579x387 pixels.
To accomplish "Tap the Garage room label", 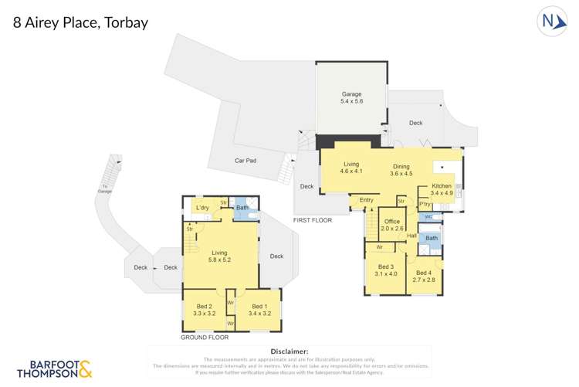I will [352, 97].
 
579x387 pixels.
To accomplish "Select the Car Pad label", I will [245, 161].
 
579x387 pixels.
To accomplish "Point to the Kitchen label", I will [441, 189].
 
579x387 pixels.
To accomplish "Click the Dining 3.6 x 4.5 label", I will [400, 170].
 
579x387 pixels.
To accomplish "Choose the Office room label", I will [392, 225].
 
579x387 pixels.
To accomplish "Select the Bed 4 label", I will [425, 276].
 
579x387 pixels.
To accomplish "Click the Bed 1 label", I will [259, 311].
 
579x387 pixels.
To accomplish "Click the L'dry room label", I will [203, 209].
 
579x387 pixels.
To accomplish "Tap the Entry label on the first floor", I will [367, 201].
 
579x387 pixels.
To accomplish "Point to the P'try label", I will [424, 203].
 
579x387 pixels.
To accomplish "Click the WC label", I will [428, 218].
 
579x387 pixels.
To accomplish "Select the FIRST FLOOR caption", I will [312, 220].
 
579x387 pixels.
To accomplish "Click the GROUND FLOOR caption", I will [205, 338].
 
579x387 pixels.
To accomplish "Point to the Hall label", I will [411, 236].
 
